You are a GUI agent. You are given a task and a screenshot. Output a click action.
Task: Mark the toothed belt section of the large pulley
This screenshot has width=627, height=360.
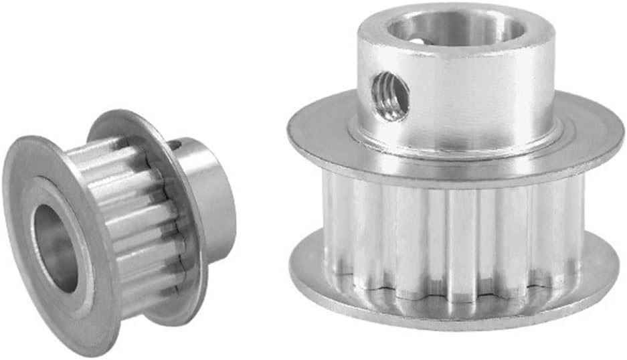pos(455,241)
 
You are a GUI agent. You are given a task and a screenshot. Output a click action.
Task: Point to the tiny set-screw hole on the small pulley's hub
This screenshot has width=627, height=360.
pos(175,145)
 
